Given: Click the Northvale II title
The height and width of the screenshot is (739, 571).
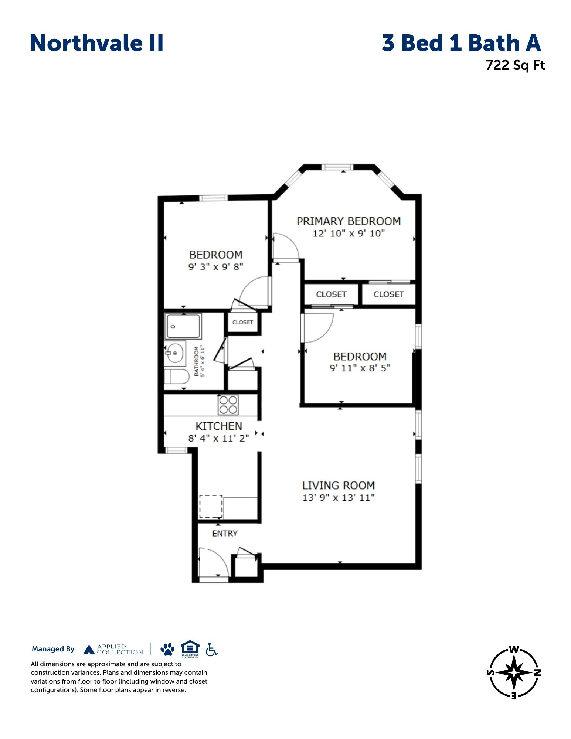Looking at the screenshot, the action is tap(96, 43).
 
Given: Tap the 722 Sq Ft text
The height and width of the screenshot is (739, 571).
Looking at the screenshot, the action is tap(515, 65).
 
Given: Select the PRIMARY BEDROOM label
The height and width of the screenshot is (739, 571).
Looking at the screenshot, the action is tap(349, 221).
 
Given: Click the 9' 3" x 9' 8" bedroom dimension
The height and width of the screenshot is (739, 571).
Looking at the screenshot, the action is tap(216, 266).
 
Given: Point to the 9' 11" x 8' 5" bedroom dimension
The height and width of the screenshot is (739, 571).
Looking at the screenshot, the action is tap(360, 368).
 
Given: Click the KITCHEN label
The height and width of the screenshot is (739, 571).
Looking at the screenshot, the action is tap(219, 426).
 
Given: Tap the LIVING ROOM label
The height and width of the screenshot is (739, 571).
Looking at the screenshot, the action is tap(339, 485).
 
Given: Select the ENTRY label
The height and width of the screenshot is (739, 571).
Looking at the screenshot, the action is tap(225, 533).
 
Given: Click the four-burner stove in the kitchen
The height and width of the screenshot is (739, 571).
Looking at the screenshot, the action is tap(228, 405).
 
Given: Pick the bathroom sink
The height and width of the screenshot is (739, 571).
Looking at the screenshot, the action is tap(175, 353).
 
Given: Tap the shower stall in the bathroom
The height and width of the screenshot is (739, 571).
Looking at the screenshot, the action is tap(183, 326).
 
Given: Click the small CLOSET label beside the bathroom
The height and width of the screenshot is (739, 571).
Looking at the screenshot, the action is tap(242, 322).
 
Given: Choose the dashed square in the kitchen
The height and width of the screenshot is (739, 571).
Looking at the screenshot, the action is tap(211, 506).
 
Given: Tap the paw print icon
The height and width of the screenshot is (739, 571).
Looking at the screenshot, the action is tap(167, 649).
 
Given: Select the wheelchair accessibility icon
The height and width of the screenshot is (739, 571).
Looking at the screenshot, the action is tap(211, 649).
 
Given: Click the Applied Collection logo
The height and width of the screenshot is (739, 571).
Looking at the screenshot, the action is tap(113, 649).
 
